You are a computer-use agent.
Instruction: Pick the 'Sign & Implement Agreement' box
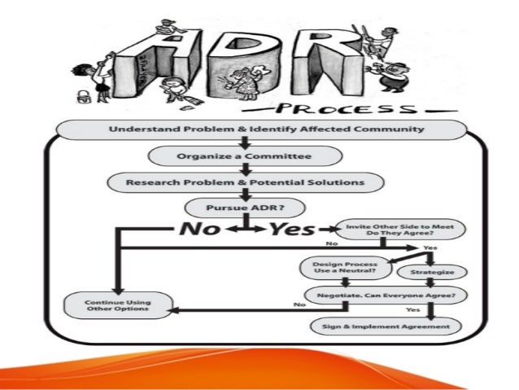pyautogui.click(x=386, y=326)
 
